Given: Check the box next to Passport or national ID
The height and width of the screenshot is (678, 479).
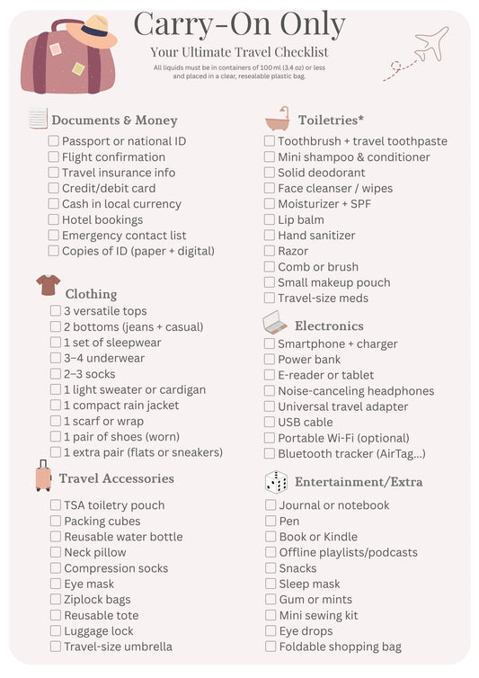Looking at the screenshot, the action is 54,141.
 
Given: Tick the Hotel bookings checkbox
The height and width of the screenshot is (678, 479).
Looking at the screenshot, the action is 54,219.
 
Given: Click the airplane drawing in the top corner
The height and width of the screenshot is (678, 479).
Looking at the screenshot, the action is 430,43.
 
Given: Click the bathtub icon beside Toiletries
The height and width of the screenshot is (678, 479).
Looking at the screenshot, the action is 277,119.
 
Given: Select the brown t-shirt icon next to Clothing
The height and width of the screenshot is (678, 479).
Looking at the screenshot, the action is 49,286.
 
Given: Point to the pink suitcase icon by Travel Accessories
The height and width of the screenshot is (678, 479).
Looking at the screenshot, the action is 43,476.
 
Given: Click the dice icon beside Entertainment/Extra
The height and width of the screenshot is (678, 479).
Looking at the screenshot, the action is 276,482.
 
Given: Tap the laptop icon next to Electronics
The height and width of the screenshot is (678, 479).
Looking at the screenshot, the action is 275,323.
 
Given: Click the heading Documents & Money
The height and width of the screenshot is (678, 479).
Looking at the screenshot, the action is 114,120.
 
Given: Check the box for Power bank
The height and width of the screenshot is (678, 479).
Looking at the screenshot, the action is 270,360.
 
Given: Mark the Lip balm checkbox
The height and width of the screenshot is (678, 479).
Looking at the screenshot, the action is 270,219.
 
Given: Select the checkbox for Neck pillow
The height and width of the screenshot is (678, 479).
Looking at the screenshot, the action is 56,552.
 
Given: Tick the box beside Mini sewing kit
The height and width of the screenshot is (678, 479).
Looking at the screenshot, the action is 271,615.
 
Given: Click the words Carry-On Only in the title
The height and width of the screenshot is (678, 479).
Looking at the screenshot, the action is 239,24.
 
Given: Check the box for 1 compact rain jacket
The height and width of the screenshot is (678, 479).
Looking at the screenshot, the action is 56,406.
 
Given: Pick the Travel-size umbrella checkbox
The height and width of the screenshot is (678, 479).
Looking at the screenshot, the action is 56,647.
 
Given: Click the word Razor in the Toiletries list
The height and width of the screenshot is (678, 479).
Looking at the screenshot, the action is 293,251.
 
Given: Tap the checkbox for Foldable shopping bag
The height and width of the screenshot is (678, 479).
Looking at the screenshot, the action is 271,647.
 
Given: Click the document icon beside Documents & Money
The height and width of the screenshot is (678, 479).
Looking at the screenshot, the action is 38,119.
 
